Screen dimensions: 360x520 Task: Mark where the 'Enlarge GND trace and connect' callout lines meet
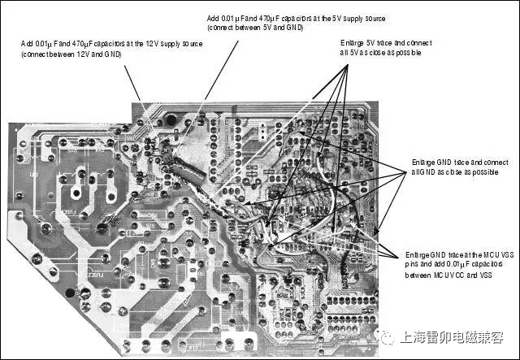pos(405,170)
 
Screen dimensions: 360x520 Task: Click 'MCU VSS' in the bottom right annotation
pos(487,254)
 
